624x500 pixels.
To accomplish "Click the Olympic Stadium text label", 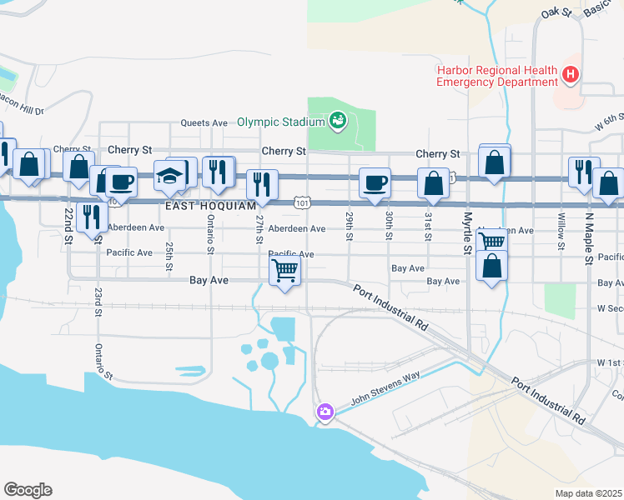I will [280, 122].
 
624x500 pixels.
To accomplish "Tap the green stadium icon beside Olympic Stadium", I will [338, 122].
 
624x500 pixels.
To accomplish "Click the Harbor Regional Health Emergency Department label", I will [497, 76].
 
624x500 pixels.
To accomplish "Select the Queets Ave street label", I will [205, 122].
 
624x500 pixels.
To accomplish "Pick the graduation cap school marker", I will [169, 176].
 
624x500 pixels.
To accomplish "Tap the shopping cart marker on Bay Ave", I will [285, 270].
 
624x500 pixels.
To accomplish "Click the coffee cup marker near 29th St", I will [375, 181].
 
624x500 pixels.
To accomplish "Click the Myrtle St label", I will [466, 232].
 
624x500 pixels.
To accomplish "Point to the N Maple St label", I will [588, 237].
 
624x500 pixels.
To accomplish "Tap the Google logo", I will [28, 490].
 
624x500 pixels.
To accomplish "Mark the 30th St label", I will [389, 225].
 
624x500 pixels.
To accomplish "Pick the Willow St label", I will [558, 234].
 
